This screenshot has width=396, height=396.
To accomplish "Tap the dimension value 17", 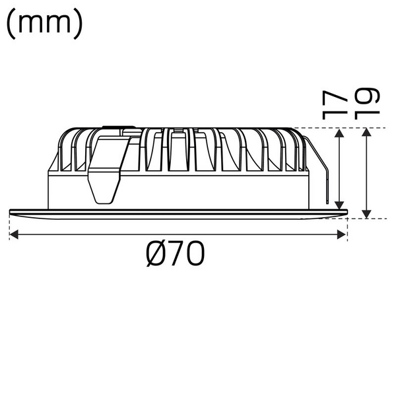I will click(x=336, y=104).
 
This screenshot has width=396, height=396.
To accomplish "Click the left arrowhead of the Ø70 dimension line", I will click(x=14, y=234).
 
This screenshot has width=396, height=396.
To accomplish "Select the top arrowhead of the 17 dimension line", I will click(x=339, y=133).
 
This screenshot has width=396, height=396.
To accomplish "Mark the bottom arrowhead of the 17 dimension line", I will click(x=339, y=205).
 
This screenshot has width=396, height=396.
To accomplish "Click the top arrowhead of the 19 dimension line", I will click(x=367, y=133).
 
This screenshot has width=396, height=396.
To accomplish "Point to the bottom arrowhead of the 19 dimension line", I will click(x=367, y=214).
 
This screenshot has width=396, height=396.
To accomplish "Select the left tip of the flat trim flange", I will click(x=11, y=212).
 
